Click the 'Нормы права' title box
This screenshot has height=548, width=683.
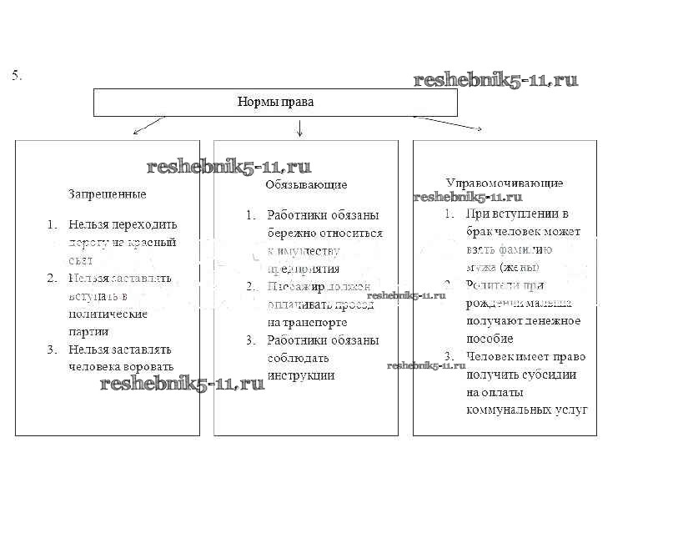click(x=275, y=103)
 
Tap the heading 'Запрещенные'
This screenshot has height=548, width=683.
click(x=107, y=194)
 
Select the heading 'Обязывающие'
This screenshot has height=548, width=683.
click(x=306, y=184)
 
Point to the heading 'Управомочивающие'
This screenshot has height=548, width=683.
click(x=504, y=183)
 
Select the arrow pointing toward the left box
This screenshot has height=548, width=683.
click(x=148, y=125)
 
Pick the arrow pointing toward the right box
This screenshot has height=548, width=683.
click(x=450, y=123)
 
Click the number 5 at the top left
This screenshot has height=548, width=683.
click(x=15, y=76)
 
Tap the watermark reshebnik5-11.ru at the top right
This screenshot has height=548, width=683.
click(x=495, y=80)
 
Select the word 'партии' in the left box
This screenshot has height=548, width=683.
click(x=88, y=331)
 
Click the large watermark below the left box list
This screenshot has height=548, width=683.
click(x=182, y=384)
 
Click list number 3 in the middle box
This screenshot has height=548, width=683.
click(x=249, y=340)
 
